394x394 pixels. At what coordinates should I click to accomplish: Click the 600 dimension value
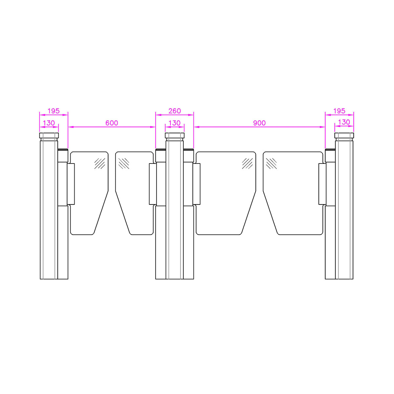pyautogui.click(x=112, y=123)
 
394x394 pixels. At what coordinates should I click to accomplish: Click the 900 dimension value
pyautogui.click(x=259, y=123)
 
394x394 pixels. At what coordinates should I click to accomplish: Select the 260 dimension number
pyautogui.click(x=175, y=111)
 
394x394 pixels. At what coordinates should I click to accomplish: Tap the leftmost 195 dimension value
pyautogui.click(x=54, y=111)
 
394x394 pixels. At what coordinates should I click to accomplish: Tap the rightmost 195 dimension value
pyautogui.click(x=339, y=111)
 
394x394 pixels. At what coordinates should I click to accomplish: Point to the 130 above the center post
pyautogui.click(x=175, y=123)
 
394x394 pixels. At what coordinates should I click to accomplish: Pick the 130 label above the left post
pyautogui.click(x=49, y=123)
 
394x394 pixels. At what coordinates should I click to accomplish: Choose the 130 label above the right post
pyautogui.click(x=344, y=122)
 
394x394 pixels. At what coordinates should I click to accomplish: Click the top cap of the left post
pyautogui.click(x=49, y=135)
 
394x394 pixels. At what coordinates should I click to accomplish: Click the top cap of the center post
pyautogui.click(x=175, y=135)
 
